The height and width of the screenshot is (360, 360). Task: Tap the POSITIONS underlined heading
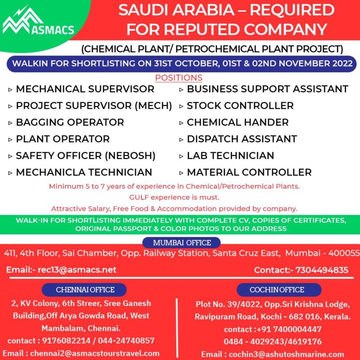pos(179,78)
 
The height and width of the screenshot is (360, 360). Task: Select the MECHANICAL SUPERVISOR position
pos(85,89)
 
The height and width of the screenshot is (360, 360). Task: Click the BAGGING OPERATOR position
pos(70,122)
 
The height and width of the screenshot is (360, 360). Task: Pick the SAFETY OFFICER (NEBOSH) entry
pos(85,156)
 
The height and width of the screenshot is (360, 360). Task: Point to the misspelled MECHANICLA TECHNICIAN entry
pos(84,172)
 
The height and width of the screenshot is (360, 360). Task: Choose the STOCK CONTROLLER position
pos(240,106)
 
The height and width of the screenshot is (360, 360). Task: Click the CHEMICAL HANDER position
pos(238,122)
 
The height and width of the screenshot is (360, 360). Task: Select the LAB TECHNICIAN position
pos(230,156)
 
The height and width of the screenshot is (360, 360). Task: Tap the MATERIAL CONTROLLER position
pos(249,172)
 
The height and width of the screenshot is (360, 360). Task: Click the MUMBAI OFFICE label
pos(182,243)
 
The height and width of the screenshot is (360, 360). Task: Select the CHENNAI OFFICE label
pos(84,290)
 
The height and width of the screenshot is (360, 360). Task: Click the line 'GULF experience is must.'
pos(174,197)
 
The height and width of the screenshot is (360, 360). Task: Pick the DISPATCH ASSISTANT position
pos(241,139)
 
